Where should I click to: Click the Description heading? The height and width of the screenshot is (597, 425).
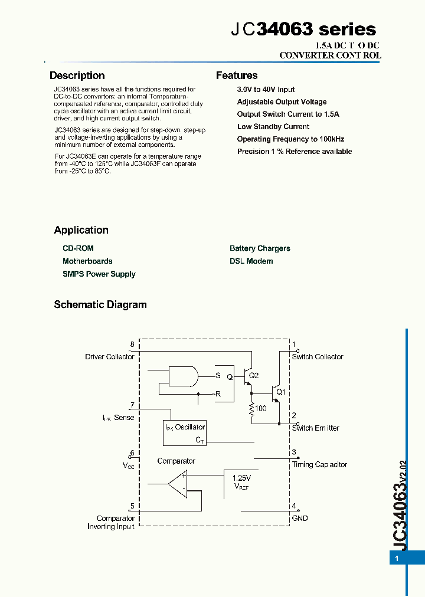(77, 76)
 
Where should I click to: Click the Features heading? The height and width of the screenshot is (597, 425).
(237, 76)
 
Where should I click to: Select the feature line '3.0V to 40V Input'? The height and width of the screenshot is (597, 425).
(266, 90)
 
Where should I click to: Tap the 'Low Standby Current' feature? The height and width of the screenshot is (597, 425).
(273, 127)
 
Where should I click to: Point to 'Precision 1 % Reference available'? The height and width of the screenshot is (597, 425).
(294, 152)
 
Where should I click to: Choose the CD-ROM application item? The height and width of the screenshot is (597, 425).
(78, 248)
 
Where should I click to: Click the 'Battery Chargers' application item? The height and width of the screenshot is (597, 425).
(260, 248)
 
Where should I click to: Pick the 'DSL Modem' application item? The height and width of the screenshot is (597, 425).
(251, 261)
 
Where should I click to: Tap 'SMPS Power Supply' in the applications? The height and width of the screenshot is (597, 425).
(99, 274)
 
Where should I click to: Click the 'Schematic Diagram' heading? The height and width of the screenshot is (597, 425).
(100, 305)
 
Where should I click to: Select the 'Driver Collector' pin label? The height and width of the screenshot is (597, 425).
(109, 357)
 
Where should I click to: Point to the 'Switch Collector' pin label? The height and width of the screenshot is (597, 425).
(317, 357)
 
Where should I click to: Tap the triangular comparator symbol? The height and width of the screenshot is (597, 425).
(178, 483)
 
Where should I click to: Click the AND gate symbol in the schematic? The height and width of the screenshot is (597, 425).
(182, 376)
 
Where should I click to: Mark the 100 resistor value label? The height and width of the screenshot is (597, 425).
(260, 408)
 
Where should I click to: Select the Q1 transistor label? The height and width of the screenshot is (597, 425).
(281, 392)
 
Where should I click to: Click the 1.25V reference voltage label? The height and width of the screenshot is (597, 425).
(241, 478)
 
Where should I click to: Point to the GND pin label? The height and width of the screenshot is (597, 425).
(300, 519)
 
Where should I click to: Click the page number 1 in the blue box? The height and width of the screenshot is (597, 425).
(397, 558)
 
